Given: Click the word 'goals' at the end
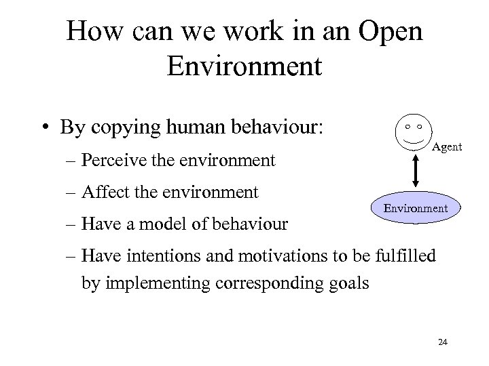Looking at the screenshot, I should (350, 281).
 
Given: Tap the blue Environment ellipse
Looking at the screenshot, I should (416, 208).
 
